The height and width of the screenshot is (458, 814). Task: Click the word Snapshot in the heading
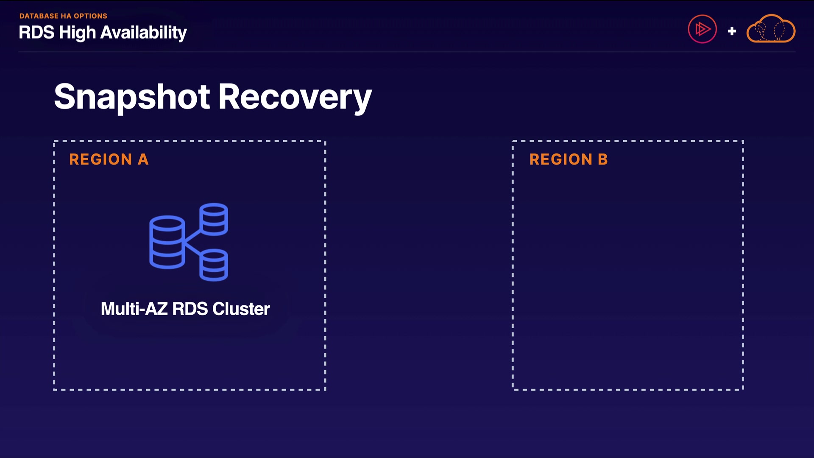pyautogui.click(x=132, y=97)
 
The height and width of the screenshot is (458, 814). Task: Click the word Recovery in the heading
pyautogui.click(x=295, y=97)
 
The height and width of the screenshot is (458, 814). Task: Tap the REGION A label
pyautogui.click(x=109, y=159)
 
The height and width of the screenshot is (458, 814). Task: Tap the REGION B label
pyautogui.click(x=568, y=159)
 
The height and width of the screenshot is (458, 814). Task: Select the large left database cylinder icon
pyautogui.click(x=167, y=242)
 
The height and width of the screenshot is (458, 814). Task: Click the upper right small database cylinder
pyautogui.click(x=214, y=219)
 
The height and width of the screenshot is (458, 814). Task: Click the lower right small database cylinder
pyautogui.click(x=214, y=265)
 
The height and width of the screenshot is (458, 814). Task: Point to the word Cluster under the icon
pyautogui.click(x=241, y=309)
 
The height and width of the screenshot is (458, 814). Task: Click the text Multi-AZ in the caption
pyautogui.click(x=134, y=309)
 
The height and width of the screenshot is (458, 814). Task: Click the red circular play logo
pyautogui.click(x=702, y=29)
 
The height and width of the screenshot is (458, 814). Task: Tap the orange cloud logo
pyautogui.click(x=771, y=29)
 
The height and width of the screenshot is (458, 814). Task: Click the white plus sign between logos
pyautogui.click(x=732, y=31)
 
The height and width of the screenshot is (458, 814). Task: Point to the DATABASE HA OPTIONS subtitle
pyautogui.click(x=63, y=16)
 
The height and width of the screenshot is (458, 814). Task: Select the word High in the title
pyautogui.click(x=77, y=33)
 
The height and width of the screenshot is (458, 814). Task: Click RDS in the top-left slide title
pyautogui.click(x=36, y=33)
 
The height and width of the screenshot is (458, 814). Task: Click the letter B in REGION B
pyautogui.click(x=602, y=159)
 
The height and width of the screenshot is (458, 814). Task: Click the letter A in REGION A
pyautogui.click(x=143, y=159)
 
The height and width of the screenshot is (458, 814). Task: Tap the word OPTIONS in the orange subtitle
pyautogui.click(x=90, y=16)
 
